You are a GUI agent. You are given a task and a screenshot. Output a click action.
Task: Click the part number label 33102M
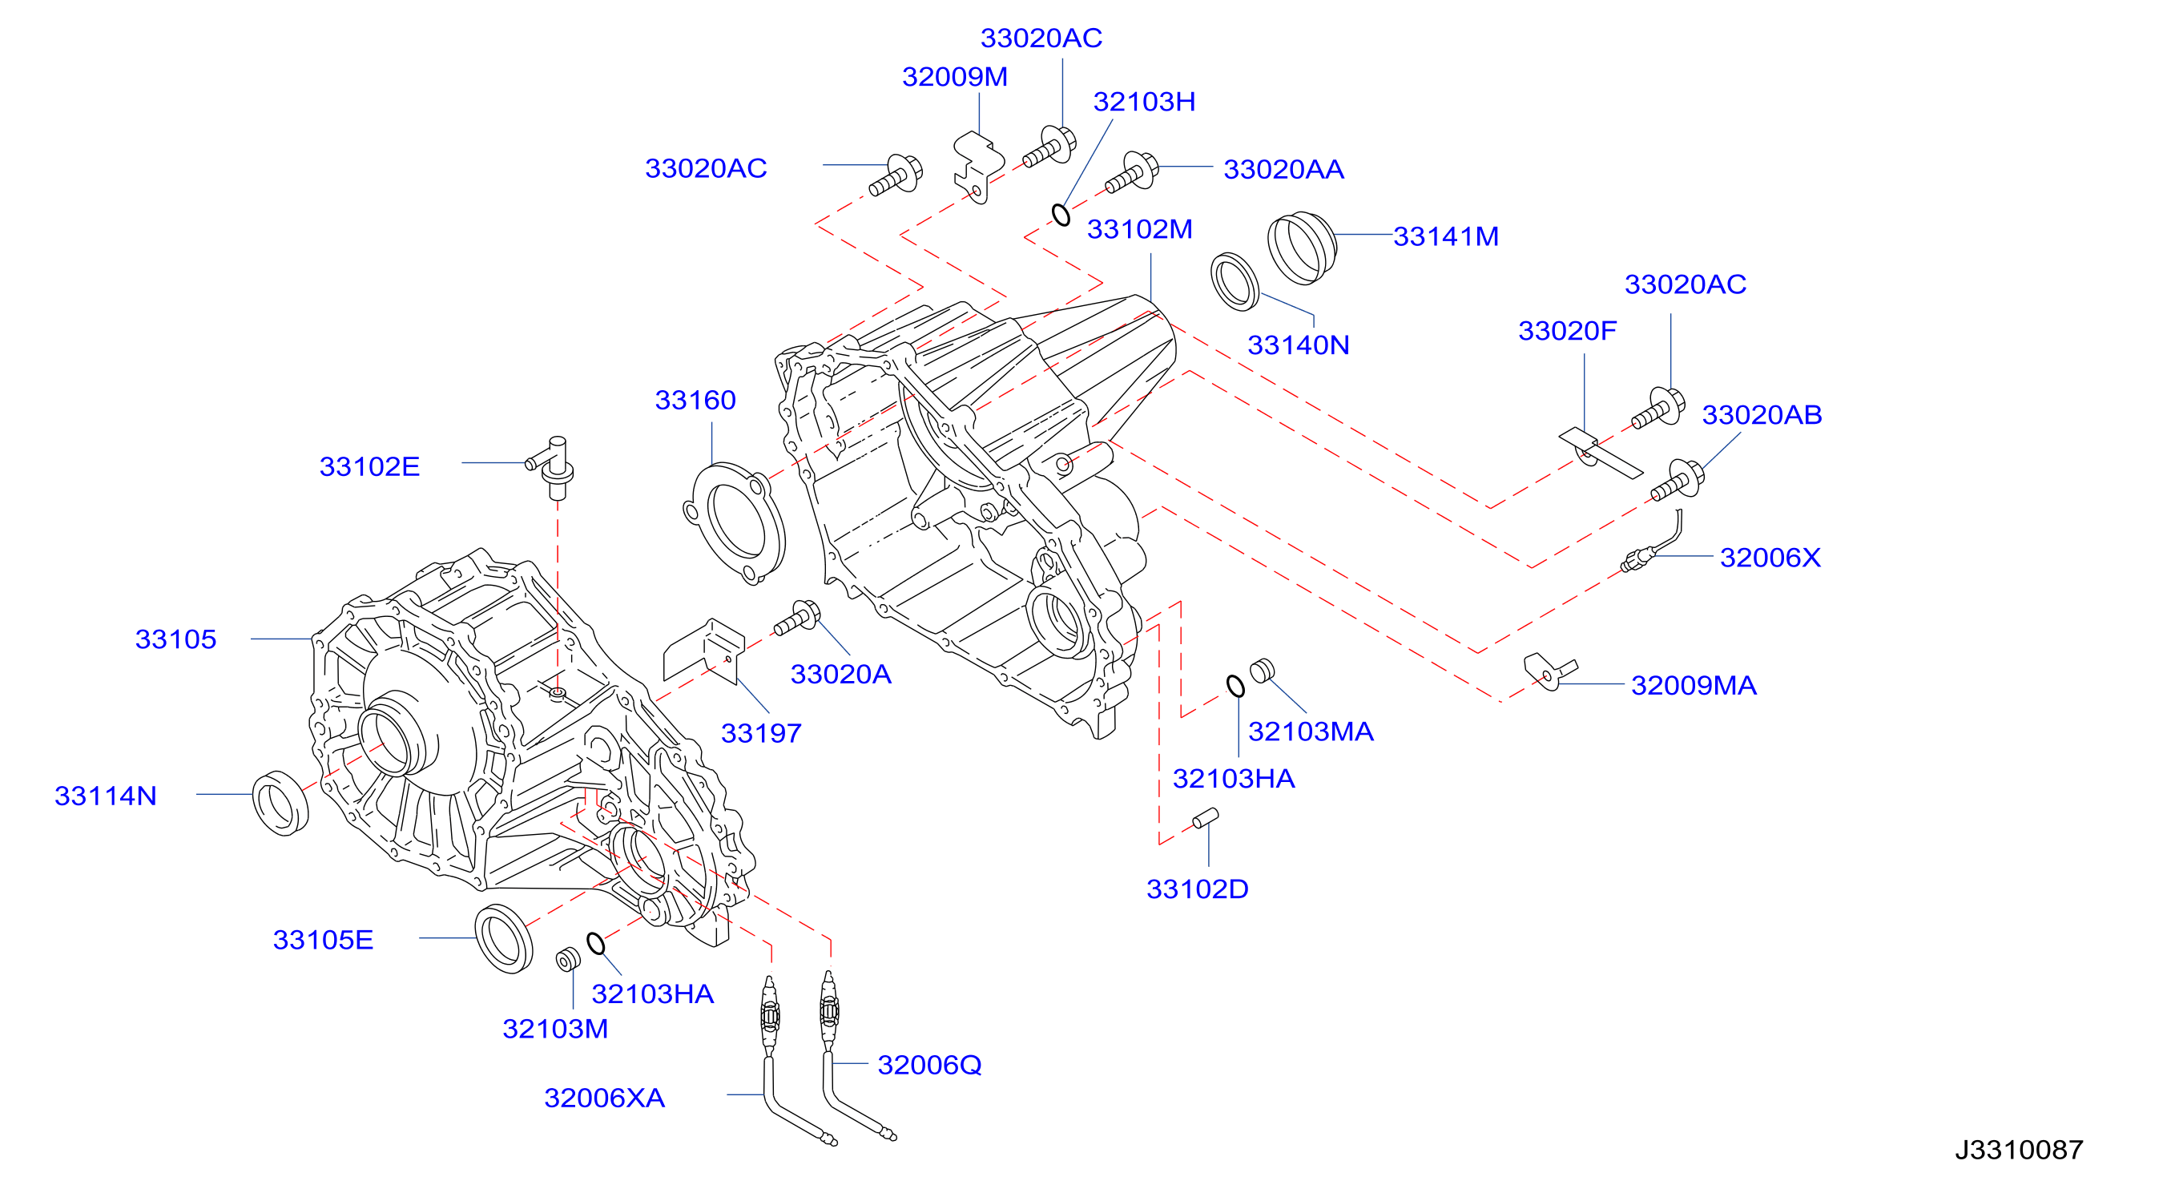tap(1139, 229)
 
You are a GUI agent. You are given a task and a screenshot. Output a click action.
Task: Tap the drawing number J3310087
tap(2018, 1150)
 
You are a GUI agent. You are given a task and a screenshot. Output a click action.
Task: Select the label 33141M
tap(1445, 236)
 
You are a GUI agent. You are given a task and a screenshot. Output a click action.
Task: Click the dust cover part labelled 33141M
tap(1301, 248)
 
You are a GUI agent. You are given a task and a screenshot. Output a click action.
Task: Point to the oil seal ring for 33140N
tap(1235, 281)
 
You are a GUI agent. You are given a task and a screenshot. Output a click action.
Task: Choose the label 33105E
tap(323, 940)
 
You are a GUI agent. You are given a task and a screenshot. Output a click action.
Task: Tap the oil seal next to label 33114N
tap(281, 803)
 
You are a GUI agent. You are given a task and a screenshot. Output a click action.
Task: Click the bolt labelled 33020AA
tap(1131, 172)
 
